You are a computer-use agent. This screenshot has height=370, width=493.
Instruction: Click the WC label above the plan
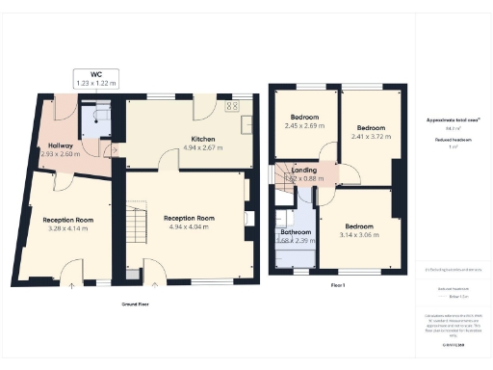click(x=95, y=73)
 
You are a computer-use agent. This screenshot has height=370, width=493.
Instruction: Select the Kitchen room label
click(x=202, y=140)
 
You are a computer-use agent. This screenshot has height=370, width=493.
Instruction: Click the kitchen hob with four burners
click(x=232, y=107)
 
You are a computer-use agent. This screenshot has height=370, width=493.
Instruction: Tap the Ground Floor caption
click(x=135, y=304)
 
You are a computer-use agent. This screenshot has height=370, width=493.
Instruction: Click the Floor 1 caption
click(x=337, y=286)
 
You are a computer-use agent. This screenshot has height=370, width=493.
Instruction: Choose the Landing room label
click(x=303, y=170)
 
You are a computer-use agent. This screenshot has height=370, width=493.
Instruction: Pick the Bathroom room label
click(x=294, y=232)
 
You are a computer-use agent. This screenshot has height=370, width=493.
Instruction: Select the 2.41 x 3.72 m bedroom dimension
click(x=371, y=137)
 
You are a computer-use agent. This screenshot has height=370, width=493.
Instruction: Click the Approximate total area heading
click(x=454, y=120)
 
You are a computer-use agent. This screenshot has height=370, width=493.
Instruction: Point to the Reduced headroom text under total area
click(x=448, y=140)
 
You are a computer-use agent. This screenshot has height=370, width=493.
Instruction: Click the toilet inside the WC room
click(x=98, y=115)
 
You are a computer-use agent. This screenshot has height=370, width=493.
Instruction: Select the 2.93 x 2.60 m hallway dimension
click(x=53, y=154)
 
